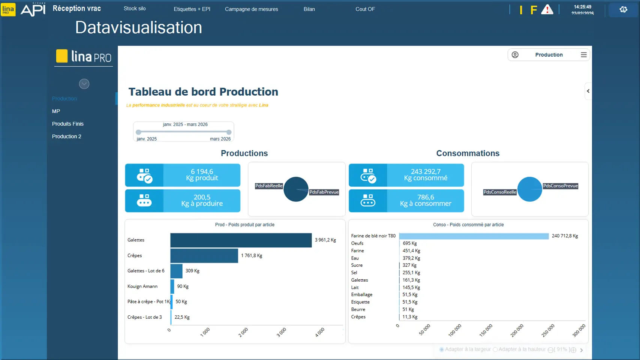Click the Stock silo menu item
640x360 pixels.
[135, 9]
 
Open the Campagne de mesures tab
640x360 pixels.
[251, 9]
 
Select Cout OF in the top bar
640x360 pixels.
[365, 9]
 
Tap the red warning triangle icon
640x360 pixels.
[547, 10]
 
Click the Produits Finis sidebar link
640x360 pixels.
[67, 124]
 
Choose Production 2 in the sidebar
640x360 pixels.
[66, 136]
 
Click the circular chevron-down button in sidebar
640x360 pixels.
[84, 84]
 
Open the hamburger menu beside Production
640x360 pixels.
[583, 55]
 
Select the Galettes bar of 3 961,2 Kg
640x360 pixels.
[241, 240]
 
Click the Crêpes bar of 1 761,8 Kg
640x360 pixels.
[204, 256]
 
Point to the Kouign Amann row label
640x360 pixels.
[142, 286]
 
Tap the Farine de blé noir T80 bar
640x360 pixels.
[474, 236]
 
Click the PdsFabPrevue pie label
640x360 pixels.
[324, 192]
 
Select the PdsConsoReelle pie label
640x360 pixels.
[499, 192]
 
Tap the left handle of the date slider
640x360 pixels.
[139, 132]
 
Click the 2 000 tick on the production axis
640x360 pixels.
[243, 332]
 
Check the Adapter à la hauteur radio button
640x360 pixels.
[495, 349]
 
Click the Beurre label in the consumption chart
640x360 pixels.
[358, 309]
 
